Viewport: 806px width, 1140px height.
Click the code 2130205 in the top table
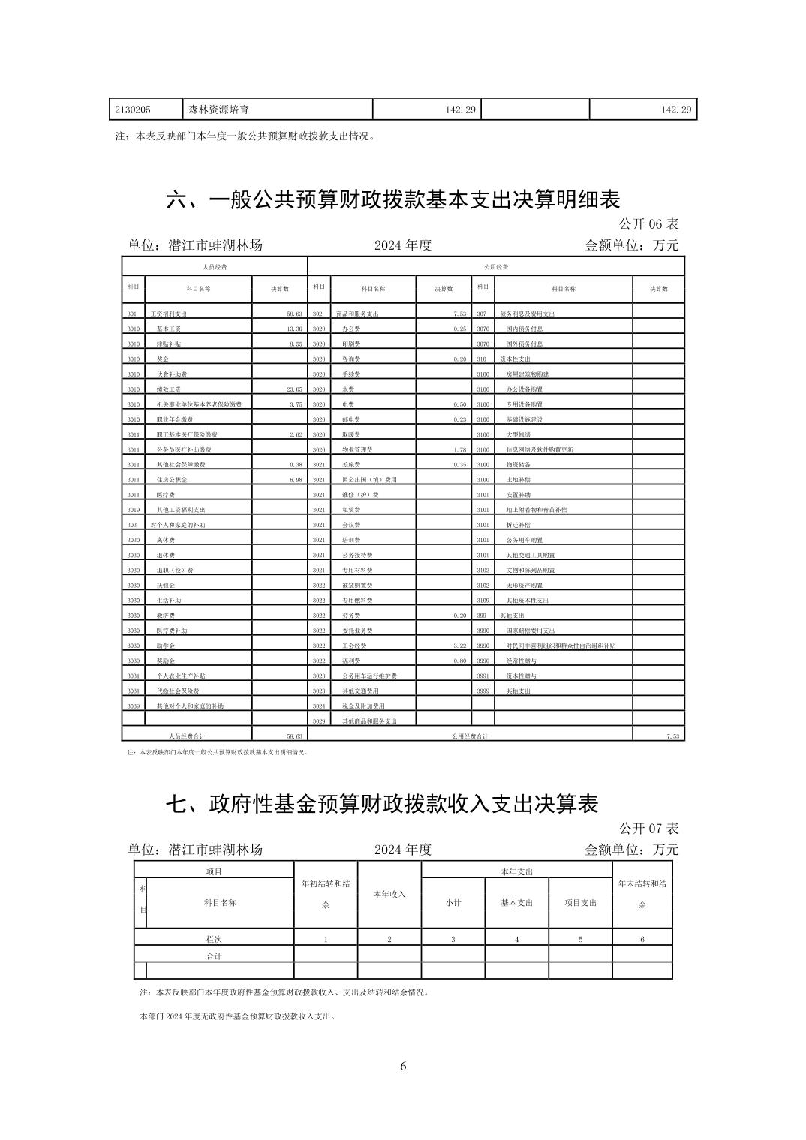point(133,109)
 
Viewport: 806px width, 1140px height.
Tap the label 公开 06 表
point(648,224)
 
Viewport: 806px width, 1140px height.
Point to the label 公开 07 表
point(648,829)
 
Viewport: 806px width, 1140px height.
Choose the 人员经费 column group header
point(215,267)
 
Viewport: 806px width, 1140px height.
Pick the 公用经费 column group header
point(496,267)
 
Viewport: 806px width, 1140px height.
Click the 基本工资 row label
point(168,329)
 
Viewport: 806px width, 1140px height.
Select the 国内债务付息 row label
point(524,329)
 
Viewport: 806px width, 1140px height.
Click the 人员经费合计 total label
point(187,736)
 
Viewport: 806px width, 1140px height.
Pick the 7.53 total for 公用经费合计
point(672,736)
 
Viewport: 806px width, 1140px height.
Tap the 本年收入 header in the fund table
point(389,894)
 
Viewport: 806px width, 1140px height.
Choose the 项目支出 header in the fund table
point(580,902)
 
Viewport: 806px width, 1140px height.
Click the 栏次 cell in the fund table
point(214,939)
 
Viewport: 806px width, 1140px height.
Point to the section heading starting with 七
point(382,804)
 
